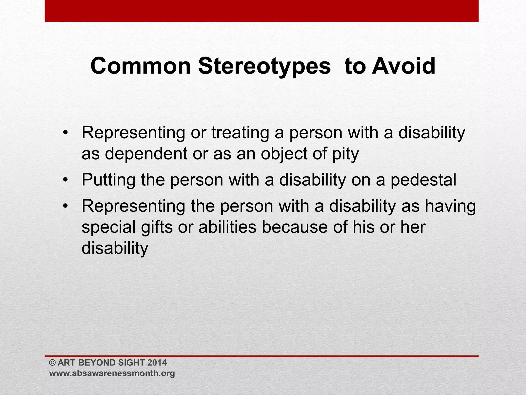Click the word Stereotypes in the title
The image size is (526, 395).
click(x=264, y=66)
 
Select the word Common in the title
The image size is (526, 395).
click(x=140, y=66)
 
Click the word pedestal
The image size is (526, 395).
click(x=423, y=180)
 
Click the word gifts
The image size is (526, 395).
click(x=157, y=227)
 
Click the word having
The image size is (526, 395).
click(x=450, y=206)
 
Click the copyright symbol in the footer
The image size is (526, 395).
click(x=52, y=363)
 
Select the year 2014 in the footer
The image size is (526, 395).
click(x=157, y=363)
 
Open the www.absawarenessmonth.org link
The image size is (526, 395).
click(x=112, y=373)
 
